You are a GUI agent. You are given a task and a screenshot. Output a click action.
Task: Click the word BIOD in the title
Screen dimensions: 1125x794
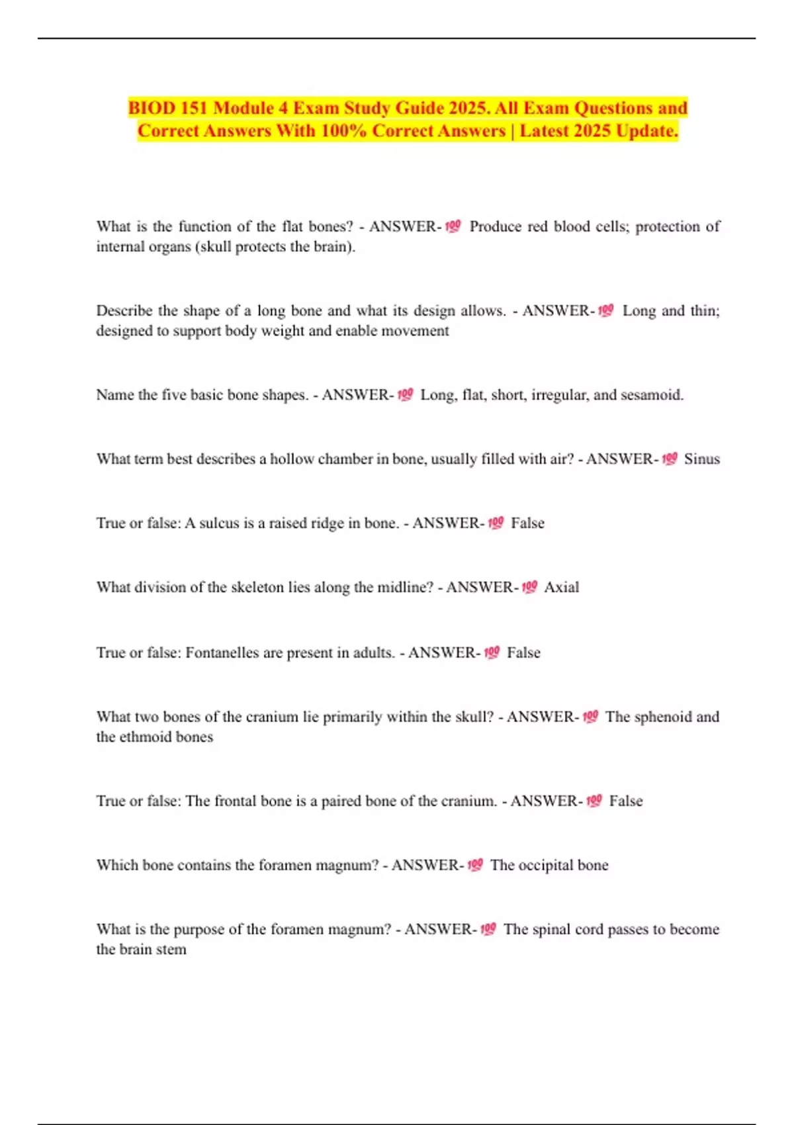[x=151, y=108]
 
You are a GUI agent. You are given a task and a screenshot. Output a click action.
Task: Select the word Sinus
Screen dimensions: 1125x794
[x=701, y=459]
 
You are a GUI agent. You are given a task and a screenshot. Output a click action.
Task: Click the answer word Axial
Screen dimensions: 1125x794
[x=561, y=587]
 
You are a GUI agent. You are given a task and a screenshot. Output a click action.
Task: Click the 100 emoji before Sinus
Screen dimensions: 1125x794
[x=670, y=459]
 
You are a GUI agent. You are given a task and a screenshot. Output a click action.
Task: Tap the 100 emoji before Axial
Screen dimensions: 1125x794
[x=529, y=587]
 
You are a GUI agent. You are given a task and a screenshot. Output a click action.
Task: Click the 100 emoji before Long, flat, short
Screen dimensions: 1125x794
[x=405, y=395]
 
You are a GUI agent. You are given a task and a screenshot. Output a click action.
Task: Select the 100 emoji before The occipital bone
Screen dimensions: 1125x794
[x=475, y=865]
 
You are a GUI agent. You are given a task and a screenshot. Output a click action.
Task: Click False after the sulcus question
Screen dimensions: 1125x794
[x=527, y=523]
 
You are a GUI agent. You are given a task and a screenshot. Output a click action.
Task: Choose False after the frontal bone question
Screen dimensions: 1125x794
[x=625, y=801]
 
